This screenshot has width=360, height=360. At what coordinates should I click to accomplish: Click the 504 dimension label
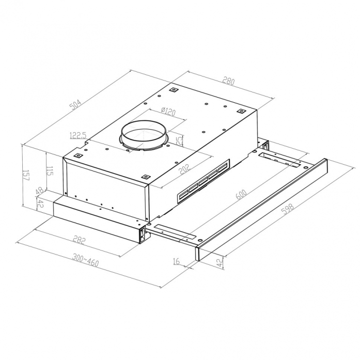tap(75, 105)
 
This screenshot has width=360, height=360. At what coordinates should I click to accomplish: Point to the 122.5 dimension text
tap(78, 136)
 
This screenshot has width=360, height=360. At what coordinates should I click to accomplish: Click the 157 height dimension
tap(26, 176)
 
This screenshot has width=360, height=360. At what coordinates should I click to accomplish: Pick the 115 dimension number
tap(50, 170)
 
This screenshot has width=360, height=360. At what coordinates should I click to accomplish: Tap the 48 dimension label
tap(40, 191)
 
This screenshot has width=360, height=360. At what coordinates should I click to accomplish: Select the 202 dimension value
tap(185, 169)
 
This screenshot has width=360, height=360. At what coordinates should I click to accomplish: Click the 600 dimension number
tap(241, 195)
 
